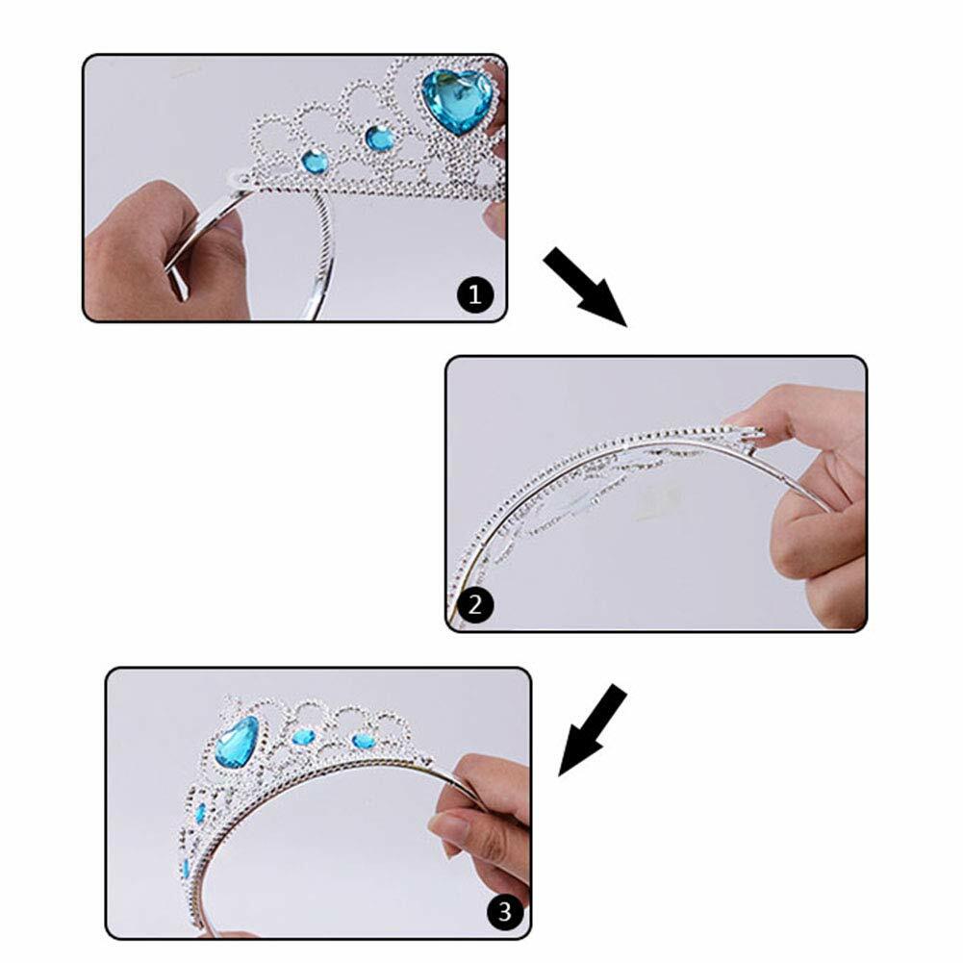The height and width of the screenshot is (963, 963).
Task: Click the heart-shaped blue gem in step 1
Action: (x=457, y=101)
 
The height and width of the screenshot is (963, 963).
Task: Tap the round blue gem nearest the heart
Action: (x=380, y=138)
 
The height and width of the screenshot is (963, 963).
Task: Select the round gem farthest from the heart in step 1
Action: (x=315, y=162)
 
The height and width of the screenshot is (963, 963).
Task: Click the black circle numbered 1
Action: (x=474, y=294)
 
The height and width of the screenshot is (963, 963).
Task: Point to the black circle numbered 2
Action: (x=474, y=605)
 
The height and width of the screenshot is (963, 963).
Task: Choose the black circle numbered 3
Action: (x=505, y=911)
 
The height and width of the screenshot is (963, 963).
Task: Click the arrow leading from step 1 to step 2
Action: (x=585, y=287)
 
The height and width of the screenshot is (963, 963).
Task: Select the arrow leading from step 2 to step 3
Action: (x=592, y=730)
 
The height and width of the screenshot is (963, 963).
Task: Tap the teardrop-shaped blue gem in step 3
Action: (x=237, y=742)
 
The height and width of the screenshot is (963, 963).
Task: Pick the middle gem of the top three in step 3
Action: (x=303, y=736)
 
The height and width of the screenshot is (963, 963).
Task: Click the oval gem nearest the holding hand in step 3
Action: (x=364, y=742)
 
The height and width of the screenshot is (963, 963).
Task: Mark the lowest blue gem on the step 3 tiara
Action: (x=186, y=868)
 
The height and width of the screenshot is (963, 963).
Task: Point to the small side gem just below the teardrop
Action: (x=200, y=813)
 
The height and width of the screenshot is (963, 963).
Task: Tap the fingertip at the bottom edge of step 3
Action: (x=237, y=934)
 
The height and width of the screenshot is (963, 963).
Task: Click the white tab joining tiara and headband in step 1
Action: (x=237, y=177)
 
